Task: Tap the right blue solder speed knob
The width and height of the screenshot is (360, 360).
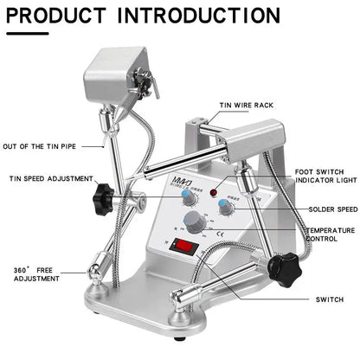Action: tap(227, 205)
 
